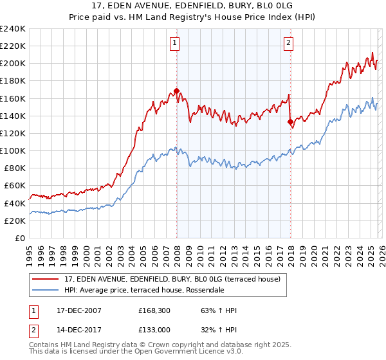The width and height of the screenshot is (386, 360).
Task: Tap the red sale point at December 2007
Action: coord(176,91)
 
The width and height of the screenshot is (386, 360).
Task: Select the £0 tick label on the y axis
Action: coord(19,238)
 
